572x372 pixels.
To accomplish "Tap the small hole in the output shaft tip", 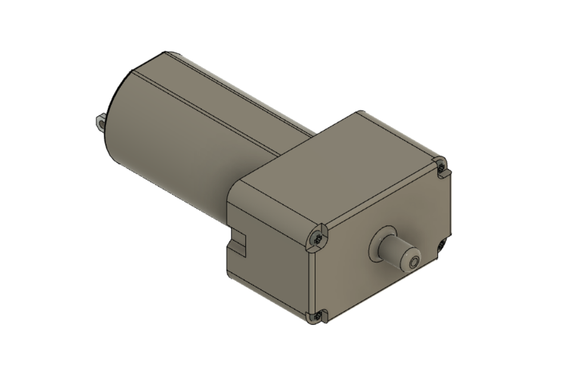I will [x=413, y=261].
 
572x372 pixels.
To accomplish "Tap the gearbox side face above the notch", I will [x=262, y=215].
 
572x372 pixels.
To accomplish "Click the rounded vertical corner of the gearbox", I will [x=309, y=274].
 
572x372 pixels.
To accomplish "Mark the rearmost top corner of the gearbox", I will [x=359, y=111].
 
